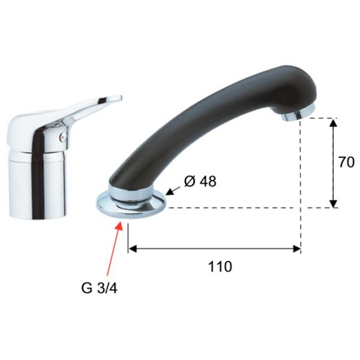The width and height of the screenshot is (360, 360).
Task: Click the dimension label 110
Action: pyautogui.click(x=220, y=266)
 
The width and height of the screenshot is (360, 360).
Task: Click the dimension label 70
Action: pyautogui.click(x=346, y=163)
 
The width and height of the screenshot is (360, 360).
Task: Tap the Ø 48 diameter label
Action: pyautogui.click(x=200, y=181)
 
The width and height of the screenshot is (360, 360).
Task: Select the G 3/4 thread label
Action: pyautogui.click(x=99, y=288)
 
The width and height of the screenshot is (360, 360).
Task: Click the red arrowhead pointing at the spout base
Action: pyautogui.click(x=119, y=227)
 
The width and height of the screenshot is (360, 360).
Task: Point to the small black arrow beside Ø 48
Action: pyautogui.click(x=173, y=191)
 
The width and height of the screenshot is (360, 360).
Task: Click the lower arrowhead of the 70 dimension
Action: pyautogui.click(x=334, y=203)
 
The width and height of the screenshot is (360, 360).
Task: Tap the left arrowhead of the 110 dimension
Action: pyautogui.click(x=133, y=248)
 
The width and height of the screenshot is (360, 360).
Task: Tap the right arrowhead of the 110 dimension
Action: pyautogui.click(x=296, y=248)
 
